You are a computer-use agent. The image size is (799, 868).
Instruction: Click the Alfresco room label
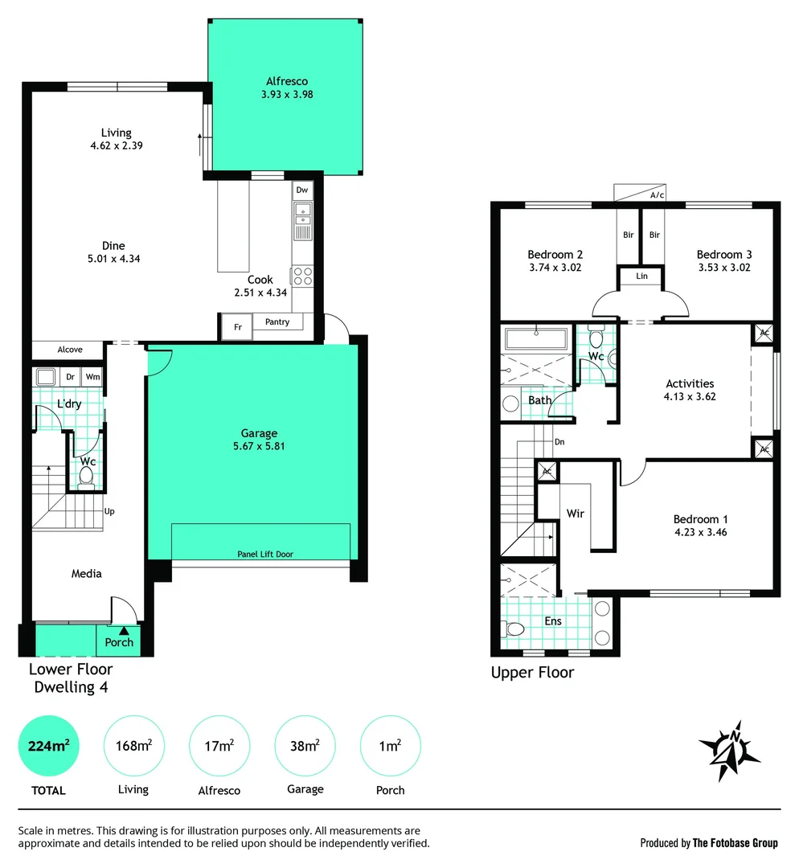287,81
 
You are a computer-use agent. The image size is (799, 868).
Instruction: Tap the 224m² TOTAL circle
49,746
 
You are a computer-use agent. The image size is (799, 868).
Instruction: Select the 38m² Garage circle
305,746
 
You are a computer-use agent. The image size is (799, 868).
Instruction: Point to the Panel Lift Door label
261,555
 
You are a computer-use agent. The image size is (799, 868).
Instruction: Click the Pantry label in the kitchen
277,321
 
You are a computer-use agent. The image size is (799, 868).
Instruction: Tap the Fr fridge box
237,327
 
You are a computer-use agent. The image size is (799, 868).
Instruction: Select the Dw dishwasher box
302,190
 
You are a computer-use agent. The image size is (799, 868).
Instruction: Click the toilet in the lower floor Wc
86,477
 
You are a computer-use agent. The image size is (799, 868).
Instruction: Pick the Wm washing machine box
92,376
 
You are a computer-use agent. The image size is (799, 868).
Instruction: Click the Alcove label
70,350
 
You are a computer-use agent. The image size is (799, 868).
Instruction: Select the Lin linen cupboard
641,276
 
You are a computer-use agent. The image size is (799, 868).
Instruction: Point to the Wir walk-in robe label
575,513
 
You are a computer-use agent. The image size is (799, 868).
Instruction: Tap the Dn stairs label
559,442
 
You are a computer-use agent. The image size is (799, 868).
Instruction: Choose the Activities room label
690,383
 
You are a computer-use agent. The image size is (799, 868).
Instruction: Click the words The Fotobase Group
735,843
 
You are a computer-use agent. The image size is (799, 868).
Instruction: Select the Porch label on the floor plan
119,642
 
